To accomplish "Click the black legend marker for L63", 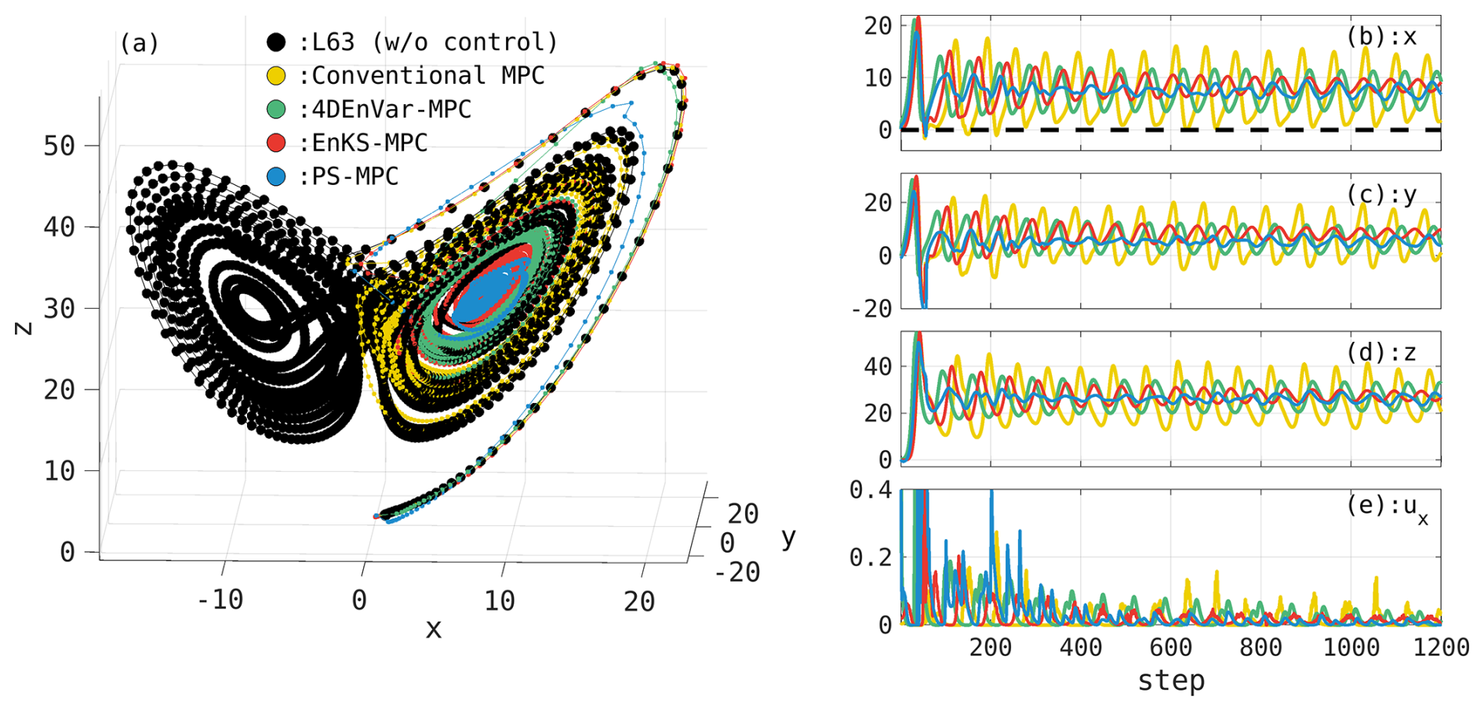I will pos(276,42).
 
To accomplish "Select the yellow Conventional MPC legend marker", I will pos(276,75).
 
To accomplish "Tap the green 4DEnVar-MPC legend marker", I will pos(276,109).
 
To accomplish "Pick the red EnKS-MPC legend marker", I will pos(276,143).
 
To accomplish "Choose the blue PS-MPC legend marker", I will pos(276,176).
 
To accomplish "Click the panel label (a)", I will pos(139,42).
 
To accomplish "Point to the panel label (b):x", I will pos(1381,36).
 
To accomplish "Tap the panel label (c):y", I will pos(1381,194).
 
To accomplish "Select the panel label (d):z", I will pos(1381,353).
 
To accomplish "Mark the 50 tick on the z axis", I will pos(59,146).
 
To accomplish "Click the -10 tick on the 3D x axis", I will pos(220,600).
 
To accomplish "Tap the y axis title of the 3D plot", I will pos(788,538).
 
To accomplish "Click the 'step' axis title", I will pos(1171,680).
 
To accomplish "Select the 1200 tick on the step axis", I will pos(1440,648).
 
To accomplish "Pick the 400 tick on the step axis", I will pos(1080,648).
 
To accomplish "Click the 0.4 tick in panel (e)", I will pos(871,491).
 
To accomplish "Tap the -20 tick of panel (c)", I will pos(871,308).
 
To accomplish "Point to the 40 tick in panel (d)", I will pos(878,366).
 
